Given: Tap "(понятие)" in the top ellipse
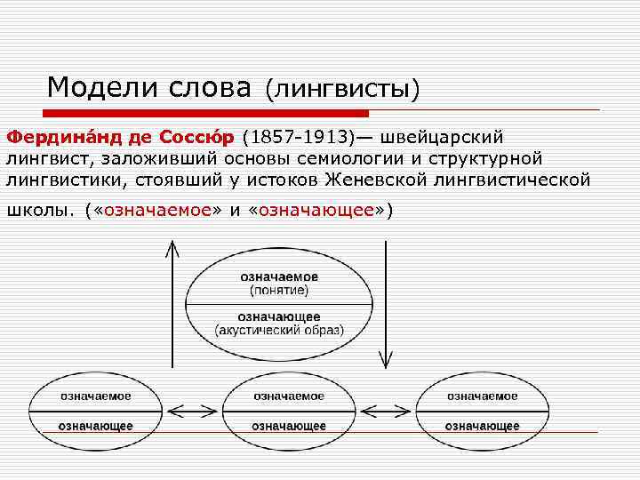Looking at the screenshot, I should (x=277, y=291).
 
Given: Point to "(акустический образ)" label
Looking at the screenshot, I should (x=278, y=330).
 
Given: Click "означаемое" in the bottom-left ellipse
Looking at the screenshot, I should (x=96, y=396).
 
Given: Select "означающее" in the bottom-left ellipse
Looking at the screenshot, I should (x=96, y=426).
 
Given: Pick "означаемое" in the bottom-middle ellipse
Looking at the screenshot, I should (x=288, y=396).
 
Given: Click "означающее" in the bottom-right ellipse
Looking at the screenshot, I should (x=482, y=426).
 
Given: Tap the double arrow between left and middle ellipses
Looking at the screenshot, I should (x=188, y=412).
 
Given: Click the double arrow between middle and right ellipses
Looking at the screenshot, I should (x=385, y=412).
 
